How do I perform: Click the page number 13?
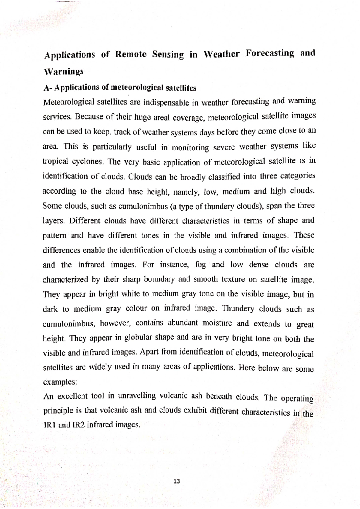click(177, 481)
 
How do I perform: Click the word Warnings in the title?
click(64, 72)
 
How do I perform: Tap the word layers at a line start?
click(54, 221)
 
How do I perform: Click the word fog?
click(200, 265)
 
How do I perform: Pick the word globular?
click(140, 338)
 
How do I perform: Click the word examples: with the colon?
click(60, 382)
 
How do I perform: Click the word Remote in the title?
click(131, 55)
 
